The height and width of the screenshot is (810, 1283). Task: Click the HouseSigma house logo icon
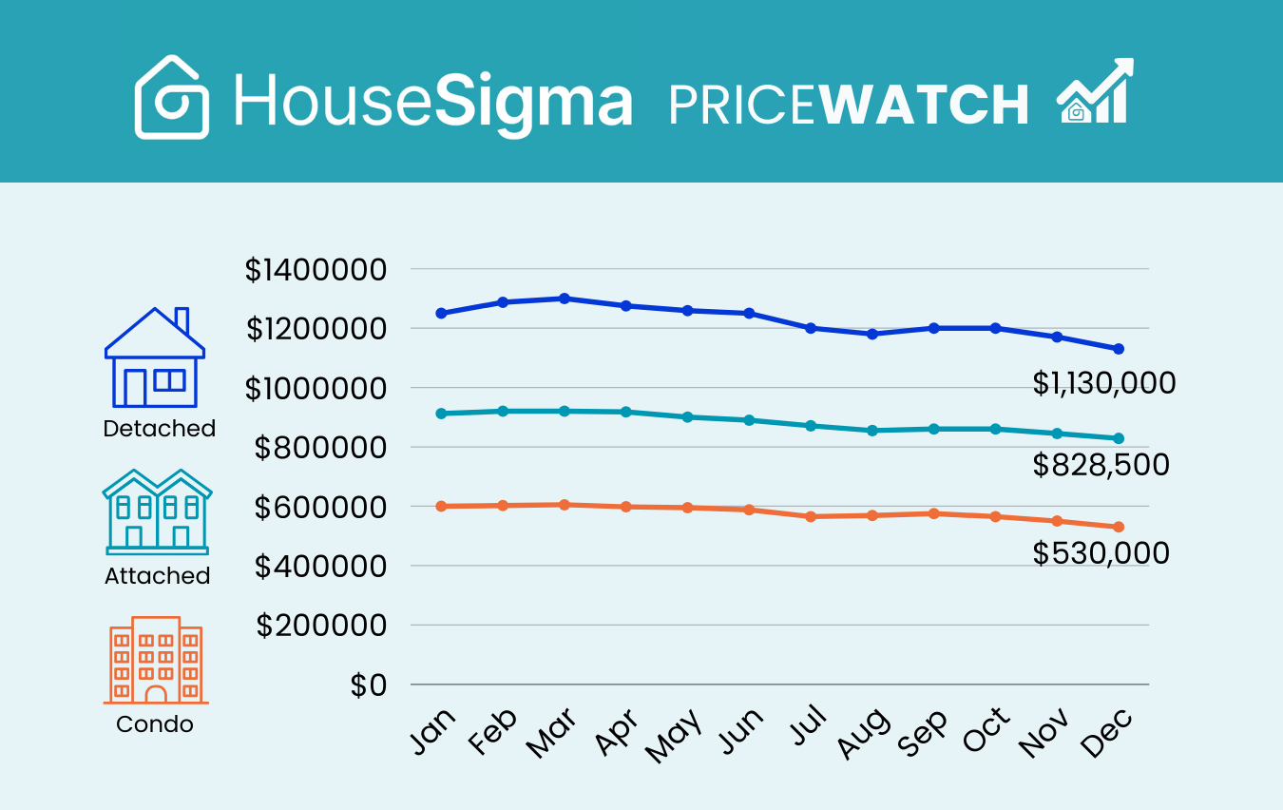point(172,97)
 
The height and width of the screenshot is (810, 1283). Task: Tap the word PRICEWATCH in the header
point(849,105)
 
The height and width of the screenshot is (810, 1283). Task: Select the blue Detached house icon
point(155,358)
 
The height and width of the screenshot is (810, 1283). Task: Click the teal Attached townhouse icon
point(157,511)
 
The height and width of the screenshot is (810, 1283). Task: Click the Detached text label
point(159,429)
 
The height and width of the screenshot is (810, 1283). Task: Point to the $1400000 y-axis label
point(316,270)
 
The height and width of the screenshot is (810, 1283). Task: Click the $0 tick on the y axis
point(369,685)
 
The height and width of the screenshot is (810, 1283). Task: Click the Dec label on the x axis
point(1106,734)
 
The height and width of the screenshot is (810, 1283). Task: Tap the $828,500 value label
point(1101,465)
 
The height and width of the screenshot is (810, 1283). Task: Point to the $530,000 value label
point(1101,553)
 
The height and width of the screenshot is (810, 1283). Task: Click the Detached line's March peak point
point(565,299)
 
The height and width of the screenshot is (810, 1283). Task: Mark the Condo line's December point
point(1119,527)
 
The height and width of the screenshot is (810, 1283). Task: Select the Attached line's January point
point(441,414)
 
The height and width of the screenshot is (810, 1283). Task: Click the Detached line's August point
point(872,334)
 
